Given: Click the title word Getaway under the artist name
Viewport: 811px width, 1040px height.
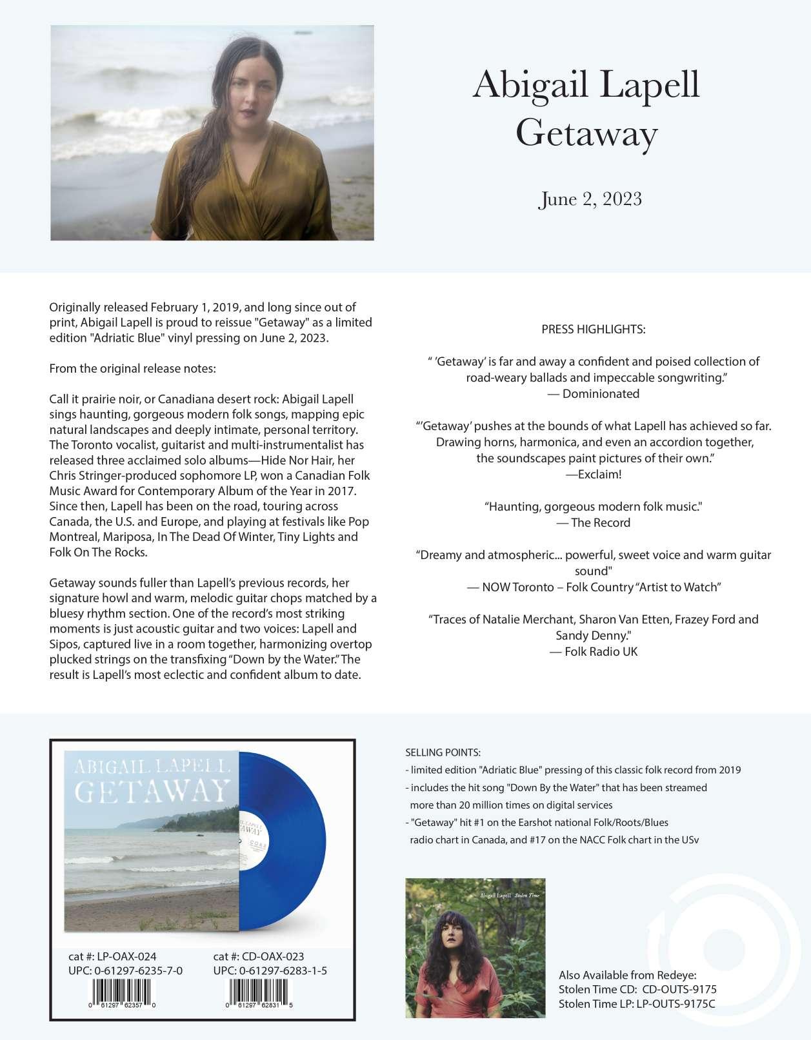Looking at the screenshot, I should click(586, 133).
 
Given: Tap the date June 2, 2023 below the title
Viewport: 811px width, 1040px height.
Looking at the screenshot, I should click(590, 199).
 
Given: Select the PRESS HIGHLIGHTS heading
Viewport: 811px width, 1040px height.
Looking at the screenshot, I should click(594, 329).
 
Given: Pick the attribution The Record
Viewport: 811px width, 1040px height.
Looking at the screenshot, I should click(594, 522).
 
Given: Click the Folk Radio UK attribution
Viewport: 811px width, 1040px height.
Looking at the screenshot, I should click(594, 651).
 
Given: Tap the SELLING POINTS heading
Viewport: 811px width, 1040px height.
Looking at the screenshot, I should click(443, 752).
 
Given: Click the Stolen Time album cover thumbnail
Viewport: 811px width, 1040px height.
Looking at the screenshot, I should click(476, 948).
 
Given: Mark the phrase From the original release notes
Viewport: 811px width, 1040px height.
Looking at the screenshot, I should click(133, 369).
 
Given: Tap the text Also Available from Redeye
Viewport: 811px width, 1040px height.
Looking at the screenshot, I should click(627, 975).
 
